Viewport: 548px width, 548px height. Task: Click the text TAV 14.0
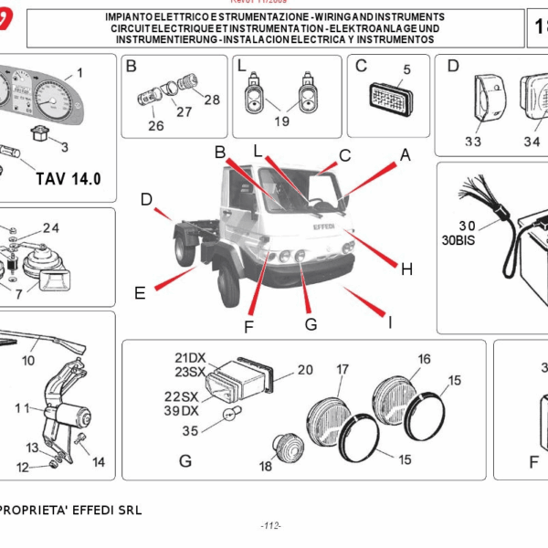click(68, 178)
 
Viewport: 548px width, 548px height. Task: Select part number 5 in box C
click(406, 69)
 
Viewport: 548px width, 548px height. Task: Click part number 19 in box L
click(280, 121)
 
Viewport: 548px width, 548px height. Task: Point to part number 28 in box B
click(212, 99)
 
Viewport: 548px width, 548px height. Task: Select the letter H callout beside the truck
click(406, 269)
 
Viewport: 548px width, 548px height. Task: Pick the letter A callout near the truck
click(405, 155)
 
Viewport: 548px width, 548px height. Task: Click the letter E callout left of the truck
click(140, 293)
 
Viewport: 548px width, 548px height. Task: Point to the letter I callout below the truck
click(390, 321)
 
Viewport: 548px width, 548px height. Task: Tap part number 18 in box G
click(266, 466)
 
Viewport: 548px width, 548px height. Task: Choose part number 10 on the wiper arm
click(28, 360)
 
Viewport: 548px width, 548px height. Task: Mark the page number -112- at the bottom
click(270, 525)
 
